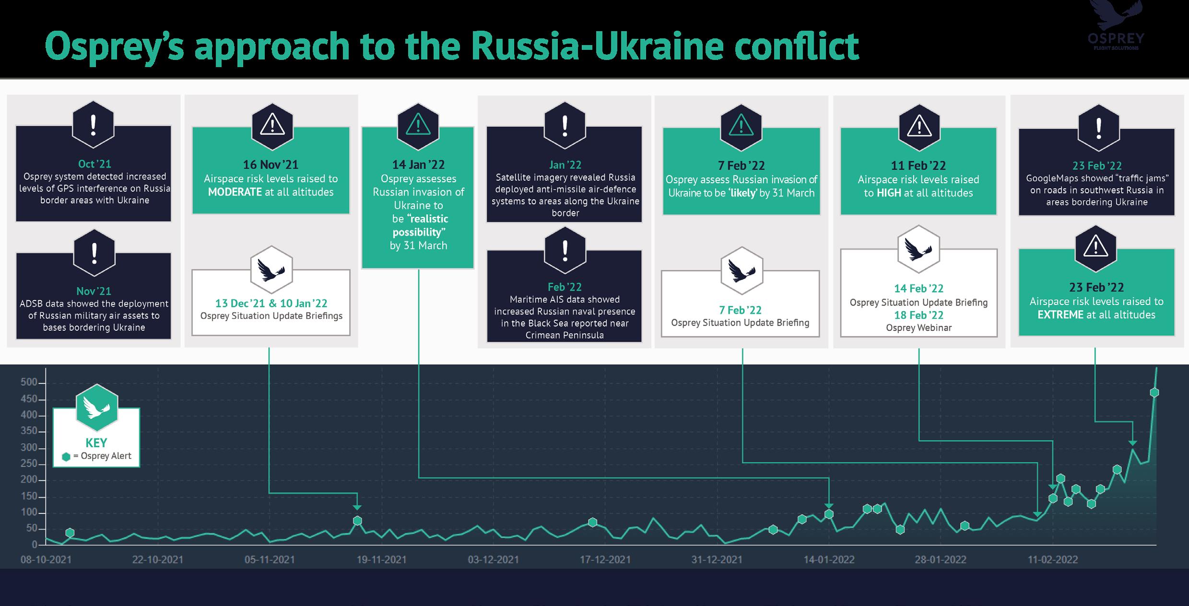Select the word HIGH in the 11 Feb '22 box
[x=889, y=193]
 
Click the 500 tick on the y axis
[x=29, y=382]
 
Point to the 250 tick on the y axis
[x=29, y=464]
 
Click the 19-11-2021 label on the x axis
[x=381, y=559]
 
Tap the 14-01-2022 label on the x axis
[x=829, y=559]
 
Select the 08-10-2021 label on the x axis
[x=46, y=559]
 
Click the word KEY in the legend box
[x=96, y=443]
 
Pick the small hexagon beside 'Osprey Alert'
[x=66, y=457]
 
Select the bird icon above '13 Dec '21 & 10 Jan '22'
[x=271, y=269]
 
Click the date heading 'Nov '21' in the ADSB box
[x=94, y=291]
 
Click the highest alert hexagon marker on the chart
[x=1154, y=393]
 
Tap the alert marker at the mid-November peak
[x=357, y=521]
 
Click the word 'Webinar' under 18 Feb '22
[x=934, y=328]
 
